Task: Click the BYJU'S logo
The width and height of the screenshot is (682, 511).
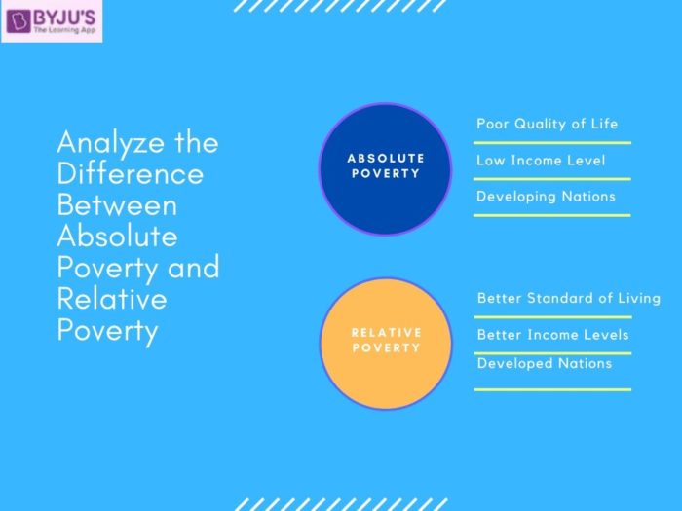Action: [x=52, y=21]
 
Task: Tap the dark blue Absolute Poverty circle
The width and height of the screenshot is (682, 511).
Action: [x=386, y=169]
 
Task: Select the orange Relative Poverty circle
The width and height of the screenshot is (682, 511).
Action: [x=386, y=344]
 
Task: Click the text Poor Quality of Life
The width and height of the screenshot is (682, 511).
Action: [x=548, y=124]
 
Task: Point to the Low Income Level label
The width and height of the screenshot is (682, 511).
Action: [x=541, y=161]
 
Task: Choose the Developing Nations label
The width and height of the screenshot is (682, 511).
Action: [x=546, y=197]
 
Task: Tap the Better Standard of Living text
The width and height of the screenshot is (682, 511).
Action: [x=569, y=298]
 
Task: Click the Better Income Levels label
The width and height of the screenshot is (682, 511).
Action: [x=552, y=335]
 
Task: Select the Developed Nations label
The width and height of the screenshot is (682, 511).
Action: [x=545, y=363]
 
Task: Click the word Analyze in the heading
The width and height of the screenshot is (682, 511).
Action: [x=111, y=143]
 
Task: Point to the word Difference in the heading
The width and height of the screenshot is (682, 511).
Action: [x=130, y=173]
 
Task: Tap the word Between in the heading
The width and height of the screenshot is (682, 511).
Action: [x=118, y=204]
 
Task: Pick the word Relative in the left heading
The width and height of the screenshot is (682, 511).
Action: [x=112, y=299]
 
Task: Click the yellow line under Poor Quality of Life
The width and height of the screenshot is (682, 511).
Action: [x=552, y=142]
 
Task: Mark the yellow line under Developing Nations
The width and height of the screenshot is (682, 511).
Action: [x=552, y=215]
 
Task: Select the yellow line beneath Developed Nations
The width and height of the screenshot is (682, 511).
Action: [x=552, y=389]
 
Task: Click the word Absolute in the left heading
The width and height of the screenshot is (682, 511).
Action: [x=118, y=236]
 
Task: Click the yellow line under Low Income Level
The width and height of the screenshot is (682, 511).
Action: [x=552, y=178]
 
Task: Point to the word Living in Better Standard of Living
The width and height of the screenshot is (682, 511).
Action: [x=639, y=299]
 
